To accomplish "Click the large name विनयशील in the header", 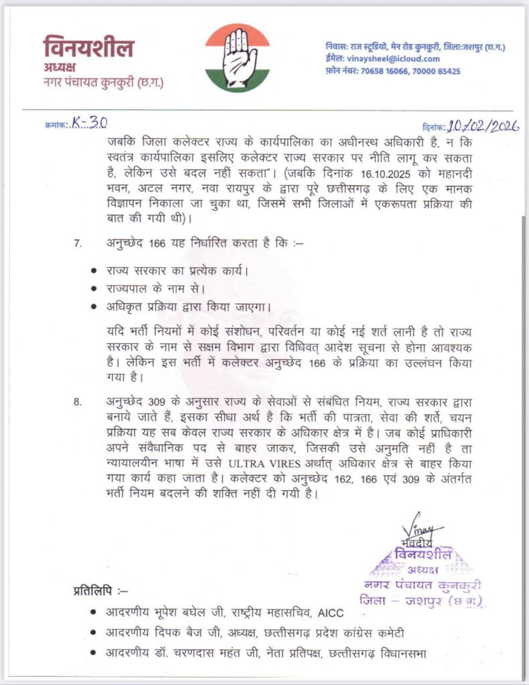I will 88,48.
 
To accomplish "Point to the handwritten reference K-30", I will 91,123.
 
